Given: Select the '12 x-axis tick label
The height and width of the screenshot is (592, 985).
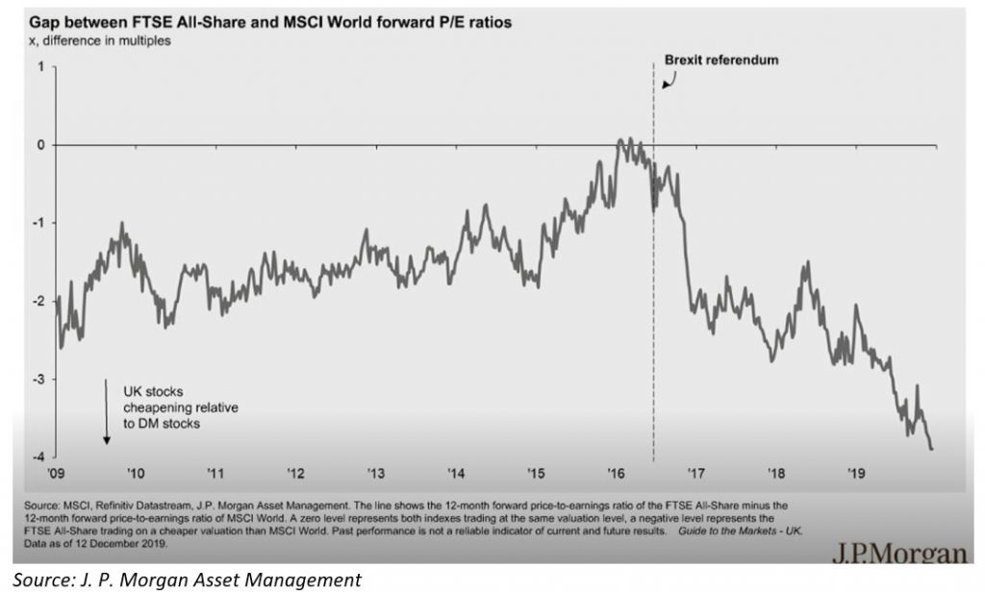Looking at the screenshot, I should point(295,473).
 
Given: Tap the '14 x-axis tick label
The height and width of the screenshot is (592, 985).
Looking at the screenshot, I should point(456,473).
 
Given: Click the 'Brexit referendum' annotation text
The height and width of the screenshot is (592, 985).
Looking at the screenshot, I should point(721,60).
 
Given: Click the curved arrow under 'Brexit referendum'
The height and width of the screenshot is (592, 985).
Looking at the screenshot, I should point(668,80).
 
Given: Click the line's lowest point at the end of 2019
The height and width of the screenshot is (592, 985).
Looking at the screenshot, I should point(931,448).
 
